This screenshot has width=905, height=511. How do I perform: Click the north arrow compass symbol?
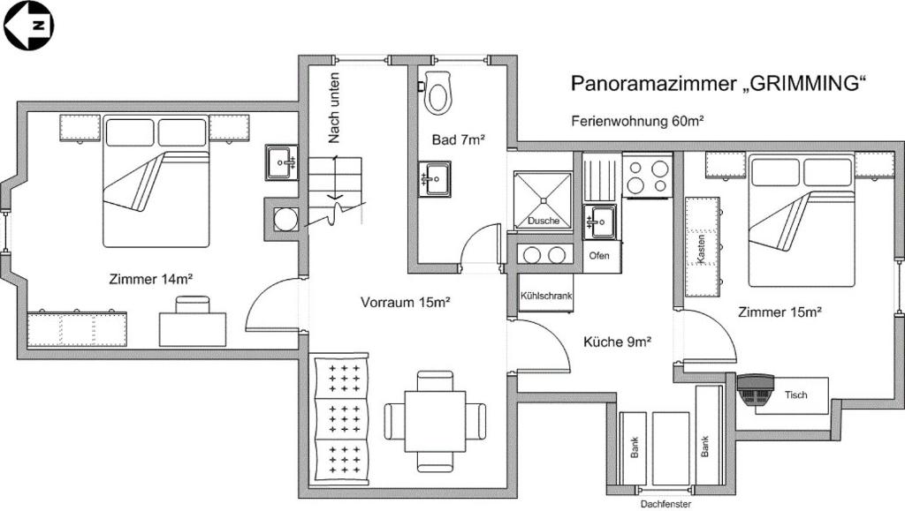[x=27, y=25]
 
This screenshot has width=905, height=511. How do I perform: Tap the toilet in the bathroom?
[x=438, y=93]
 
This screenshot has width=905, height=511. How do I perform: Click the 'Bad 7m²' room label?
[x=458, y=139]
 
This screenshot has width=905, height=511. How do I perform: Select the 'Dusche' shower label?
[x=544, y=221]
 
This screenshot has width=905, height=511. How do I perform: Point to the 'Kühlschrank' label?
[x=546, y=296]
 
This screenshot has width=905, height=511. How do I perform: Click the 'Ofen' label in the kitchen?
[x=599, y=255]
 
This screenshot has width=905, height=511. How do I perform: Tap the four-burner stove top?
[x=648, y=175]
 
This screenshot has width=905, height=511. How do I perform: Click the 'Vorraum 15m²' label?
[x=406, y=302]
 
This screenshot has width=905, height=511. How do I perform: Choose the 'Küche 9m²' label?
[x=618, y=342]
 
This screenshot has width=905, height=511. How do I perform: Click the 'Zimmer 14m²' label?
[x=151, y=279]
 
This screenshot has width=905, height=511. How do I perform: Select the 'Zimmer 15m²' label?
[x=780, y=312]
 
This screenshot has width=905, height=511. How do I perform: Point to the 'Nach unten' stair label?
[x=334, y=108]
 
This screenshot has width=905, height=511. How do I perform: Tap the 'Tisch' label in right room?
[x=795, y=395]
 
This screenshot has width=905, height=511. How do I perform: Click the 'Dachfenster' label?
[x=665, y=504]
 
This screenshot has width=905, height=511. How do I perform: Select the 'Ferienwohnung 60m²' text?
[x=637, y=121]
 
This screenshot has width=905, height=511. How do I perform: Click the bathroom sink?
[x=435, y=178]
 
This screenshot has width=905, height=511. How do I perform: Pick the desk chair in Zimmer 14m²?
[x=193, y=304]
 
